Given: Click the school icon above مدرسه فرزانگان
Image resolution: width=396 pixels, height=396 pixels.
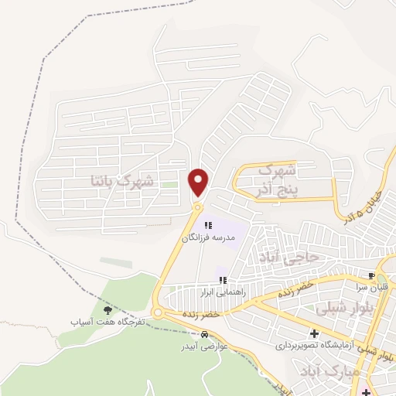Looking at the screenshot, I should tap(208, 225).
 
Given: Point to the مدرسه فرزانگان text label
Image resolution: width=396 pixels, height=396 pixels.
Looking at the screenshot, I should tap(207, 238).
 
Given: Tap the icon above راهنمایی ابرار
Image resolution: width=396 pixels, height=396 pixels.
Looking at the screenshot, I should tap(223, 280).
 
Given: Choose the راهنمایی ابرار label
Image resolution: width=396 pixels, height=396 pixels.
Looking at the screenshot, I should tap(223, 292).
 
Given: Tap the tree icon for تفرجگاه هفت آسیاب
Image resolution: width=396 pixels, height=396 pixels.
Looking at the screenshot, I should tap(108, 309).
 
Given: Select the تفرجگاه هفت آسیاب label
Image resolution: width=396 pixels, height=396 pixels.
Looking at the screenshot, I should tap(107, 321).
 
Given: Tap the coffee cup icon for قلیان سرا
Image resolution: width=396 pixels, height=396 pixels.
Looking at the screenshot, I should tap(373, 275).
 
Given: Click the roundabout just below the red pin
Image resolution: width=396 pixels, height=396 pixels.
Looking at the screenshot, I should tap(198, 207).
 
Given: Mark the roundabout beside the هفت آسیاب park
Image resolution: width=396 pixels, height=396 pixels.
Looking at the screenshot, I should tap(158, 312).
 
